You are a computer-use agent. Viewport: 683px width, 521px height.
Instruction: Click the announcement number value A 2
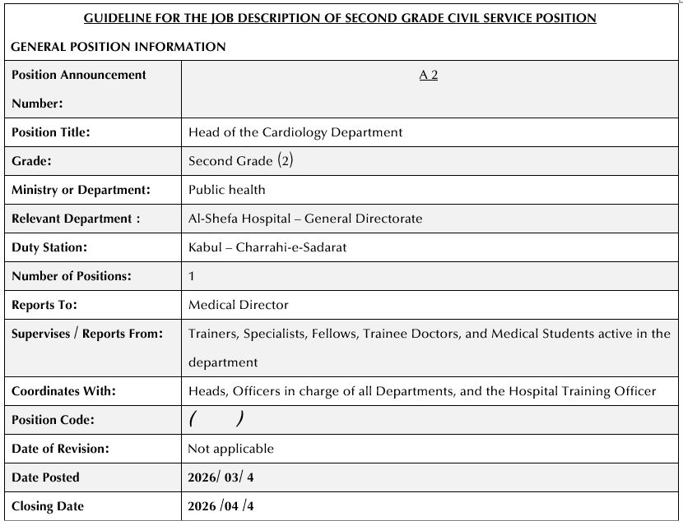click(428, 75)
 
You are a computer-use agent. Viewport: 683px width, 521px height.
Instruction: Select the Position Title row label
click(51, 131)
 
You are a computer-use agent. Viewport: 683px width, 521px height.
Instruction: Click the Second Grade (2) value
click(240, 160)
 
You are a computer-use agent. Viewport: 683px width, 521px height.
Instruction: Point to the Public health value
click(227, 189)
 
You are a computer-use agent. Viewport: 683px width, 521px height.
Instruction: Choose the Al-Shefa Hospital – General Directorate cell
click(305, 219)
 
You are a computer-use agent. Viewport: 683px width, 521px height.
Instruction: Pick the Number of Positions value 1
click(192, 276)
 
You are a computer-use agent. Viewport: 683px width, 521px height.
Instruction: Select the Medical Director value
click(239, 305)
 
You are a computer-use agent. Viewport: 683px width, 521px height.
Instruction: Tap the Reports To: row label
click(44, 305)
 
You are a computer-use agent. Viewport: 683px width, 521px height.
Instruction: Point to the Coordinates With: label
click(64, 391)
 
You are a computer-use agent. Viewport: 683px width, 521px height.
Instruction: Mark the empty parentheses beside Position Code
click(216, 420)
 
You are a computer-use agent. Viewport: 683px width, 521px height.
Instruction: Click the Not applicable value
click(231, 449)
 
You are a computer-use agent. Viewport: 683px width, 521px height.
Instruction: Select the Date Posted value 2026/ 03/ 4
click(227, 477)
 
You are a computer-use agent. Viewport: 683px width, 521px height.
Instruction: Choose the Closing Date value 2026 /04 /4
click(221, 506)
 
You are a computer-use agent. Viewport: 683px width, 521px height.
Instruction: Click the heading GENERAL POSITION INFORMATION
click(118, 47)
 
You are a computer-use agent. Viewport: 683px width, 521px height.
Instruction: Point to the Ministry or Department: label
click(81, 190)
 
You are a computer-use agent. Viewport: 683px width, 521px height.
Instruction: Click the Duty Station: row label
click(49, 247)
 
